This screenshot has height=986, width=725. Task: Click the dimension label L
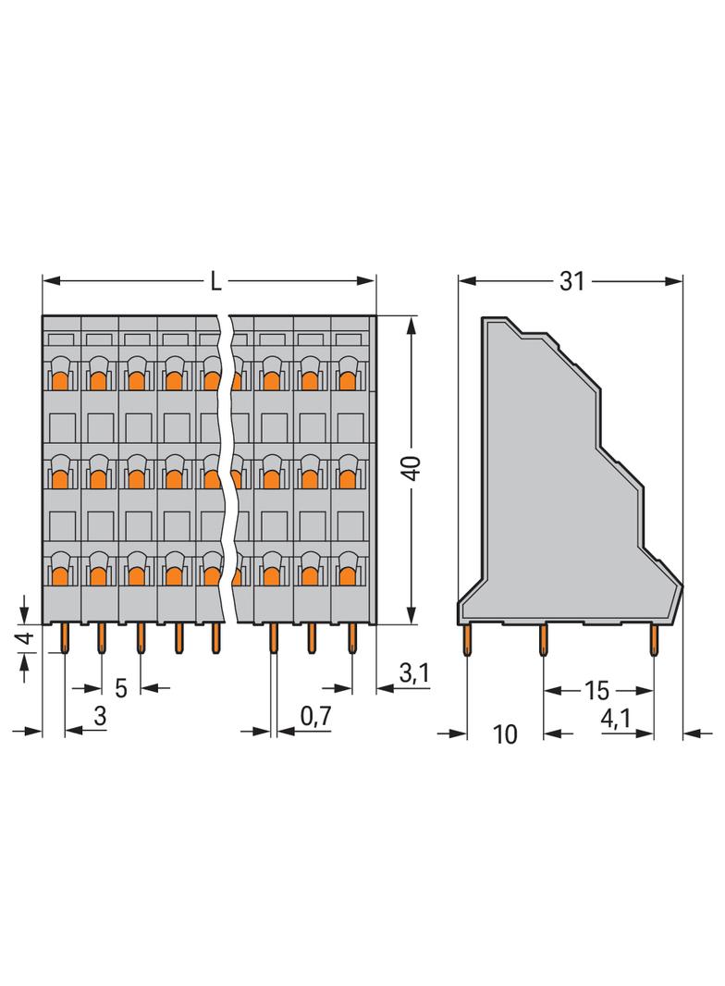215,280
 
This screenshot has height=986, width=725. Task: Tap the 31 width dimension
572,280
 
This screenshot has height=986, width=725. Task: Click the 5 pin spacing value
120,689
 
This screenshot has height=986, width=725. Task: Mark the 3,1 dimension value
413,674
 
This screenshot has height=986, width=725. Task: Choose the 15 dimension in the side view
596,690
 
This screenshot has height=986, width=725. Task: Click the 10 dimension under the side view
504,734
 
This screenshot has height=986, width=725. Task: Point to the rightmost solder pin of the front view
351,637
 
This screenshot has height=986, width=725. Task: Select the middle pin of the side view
544,639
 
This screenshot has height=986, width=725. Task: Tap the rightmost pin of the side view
654,639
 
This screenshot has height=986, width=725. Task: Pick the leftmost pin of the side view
468,639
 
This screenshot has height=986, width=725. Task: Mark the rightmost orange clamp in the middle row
348,477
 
